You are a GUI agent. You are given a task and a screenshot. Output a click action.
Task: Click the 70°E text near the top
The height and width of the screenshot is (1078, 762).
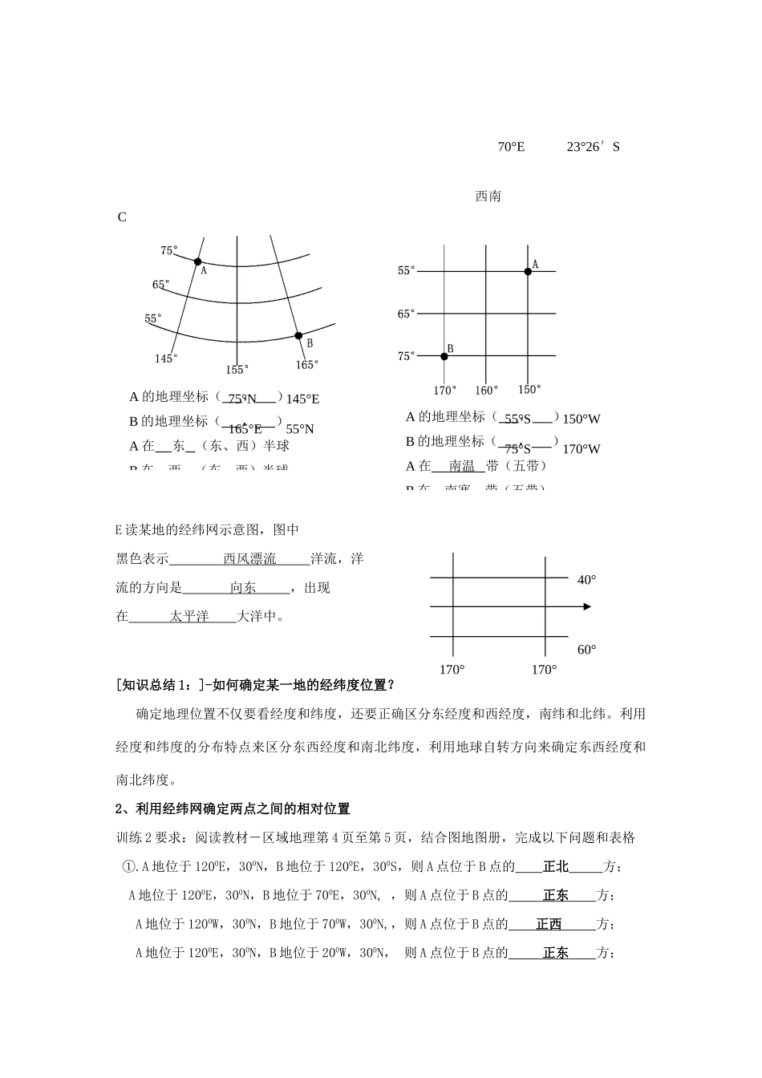click(x=511, y=147)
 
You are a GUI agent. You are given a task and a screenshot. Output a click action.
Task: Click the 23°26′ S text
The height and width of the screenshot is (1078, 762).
click(x=593, y=147)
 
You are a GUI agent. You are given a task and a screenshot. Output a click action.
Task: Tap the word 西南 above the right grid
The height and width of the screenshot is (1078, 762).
click(x=488, y=197)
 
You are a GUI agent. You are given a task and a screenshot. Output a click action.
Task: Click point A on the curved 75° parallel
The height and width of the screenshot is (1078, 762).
click(x=197, y=261)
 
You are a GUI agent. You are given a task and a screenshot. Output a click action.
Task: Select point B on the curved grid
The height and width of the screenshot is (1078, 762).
click(x=298, y=335)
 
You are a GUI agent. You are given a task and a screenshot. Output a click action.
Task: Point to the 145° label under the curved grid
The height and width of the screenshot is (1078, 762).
click(x=166, y=359)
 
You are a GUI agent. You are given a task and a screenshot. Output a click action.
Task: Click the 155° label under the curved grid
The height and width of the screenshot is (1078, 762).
click(x=237, y=370)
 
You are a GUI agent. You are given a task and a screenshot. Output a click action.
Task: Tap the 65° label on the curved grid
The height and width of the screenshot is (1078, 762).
click(x=160, y=285)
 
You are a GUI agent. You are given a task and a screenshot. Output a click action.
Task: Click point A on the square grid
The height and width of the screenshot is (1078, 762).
click(x=528, y=272)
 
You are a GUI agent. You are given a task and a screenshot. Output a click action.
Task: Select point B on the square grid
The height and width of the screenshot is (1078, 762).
click(x=444, y=355)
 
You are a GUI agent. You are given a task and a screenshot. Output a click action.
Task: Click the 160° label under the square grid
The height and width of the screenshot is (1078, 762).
click(x=486, y=391)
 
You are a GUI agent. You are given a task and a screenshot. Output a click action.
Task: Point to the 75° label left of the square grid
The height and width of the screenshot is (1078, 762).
click(x=407, y=356)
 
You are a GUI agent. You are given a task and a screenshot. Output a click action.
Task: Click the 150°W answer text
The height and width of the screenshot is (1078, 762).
click(x=582, y=419)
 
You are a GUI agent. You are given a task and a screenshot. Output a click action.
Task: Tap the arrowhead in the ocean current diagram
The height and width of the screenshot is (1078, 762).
click(x=587, y=606)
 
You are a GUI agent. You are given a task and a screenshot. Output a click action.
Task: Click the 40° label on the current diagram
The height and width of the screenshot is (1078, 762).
click(x=586, y=580)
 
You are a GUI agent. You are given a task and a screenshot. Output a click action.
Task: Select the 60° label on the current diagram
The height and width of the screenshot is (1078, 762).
click(x=586, y=650)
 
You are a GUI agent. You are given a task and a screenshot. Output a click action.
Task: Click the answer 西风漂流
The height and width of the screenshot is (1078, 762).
click(x=249, y=559)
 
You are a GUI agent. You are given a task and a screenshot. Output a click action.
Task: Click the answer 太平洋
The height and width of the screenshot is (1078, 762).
click(x=189, y=617)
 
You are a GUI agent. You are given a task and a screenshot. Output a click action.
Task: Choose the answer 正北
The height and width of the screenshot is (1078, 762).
click(x=555, y=866)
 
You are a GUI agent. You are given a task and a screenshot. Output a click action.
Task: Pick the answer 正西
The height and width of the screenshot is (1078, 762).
click(x=549, y=924)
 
